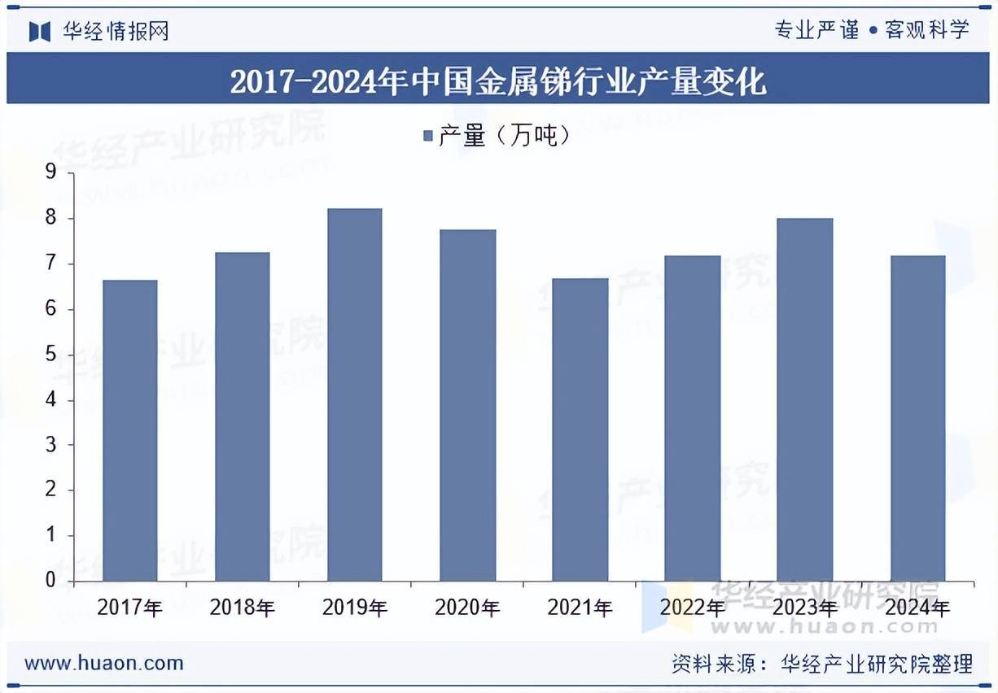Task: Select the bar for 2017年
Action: (129, 430)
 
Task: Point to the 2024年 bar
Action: (917, 418)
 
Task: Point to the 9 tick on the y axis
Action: (50, 172)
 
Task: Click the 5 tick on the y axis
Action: (50, 355)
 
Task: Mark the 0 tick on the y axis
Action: (50, 581)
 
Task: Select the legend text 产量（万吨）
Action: (504, 136)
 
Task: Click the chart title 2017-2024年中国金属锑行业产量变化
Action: (498, 82)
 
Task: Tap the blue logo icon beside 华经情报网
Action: (40, 32)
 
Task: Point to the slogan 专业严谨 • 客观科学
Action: (872, 31)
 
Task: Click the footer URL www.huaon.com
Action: (104, 663)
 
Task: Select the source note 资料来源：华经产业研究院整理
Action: (822, 664)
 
